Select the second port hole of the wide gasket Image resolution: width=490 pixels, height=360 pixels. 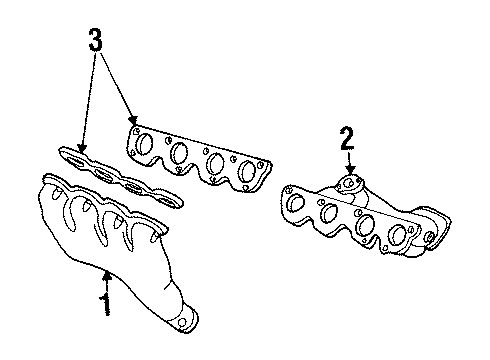180,155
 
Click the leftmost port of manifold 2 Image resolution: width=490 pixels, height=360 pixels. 297,203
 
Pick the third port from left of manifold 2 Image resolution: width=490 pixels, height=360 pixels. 363,225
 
